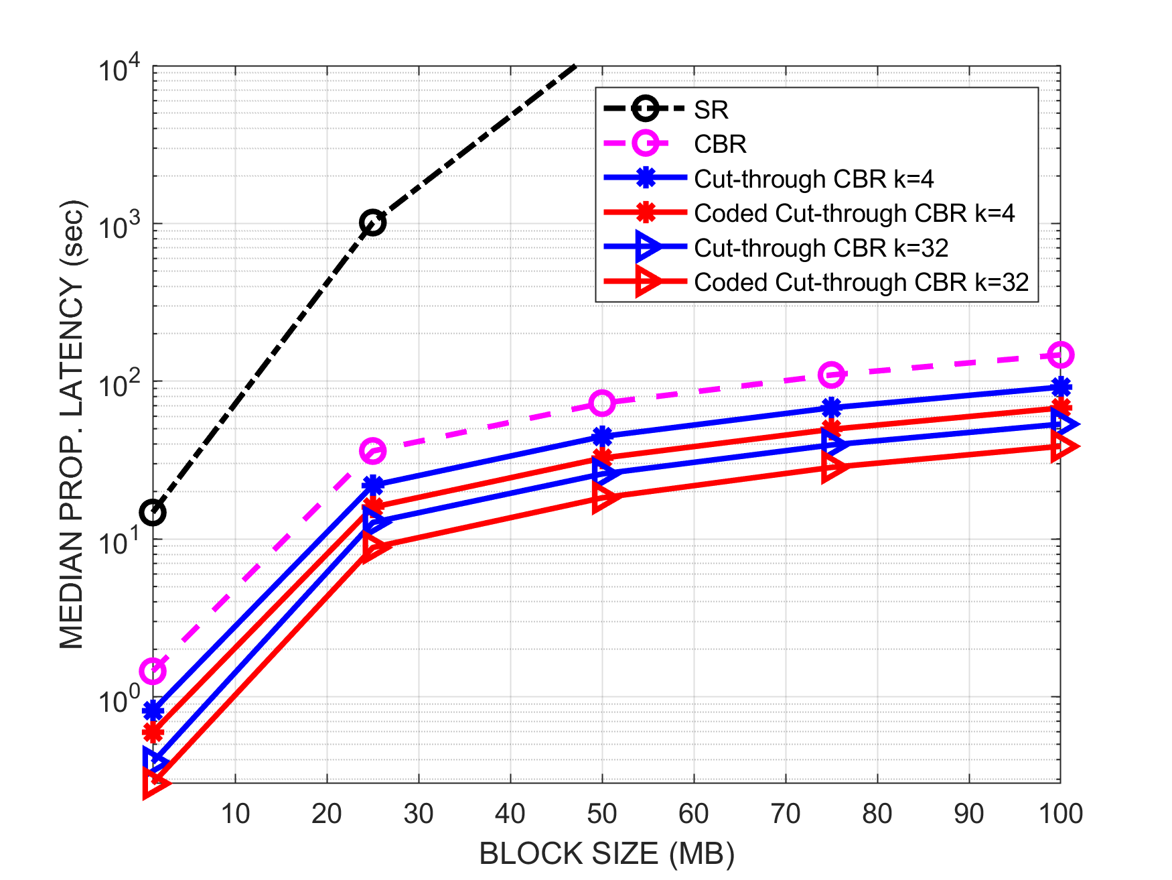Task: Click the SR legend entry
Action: (x=710, y=109)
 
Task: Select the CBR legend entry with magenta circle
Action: (x=720, y=144)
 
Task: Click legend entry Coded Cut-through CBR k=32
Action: (x=861, y=282)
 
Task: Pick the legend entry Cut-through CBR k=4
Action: (x=813, y=179)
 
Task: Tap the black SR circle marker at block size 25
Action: (x=372, y=223)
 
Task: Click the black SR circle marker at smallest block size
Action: (x=153, y=513)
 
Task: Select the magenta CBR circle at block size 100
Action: (x=1060, y=355)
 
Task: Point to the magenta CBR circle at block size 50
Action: (x=601, y=403)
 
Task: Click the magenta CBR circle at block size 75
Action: (x=831, y=375)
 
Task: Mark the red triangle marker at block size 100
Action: (x=1062, y=446)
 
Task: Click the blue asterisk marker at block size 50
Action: (x=601, y=436)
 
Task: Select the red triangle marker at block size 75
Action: (x=833, y=467)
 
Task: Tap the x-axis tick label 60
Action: (x=693, y=814)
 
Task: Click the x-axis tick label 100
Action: (x=1060, y=814)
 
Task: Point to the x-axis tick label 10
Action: (x=235, y=814)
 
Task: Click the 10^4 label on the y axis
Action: (x=120, y=69)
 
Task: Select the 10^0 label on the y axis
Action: (x=120, y=700)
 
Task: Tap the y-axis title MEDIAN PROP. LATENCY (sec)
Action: (x=72, y=424)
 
